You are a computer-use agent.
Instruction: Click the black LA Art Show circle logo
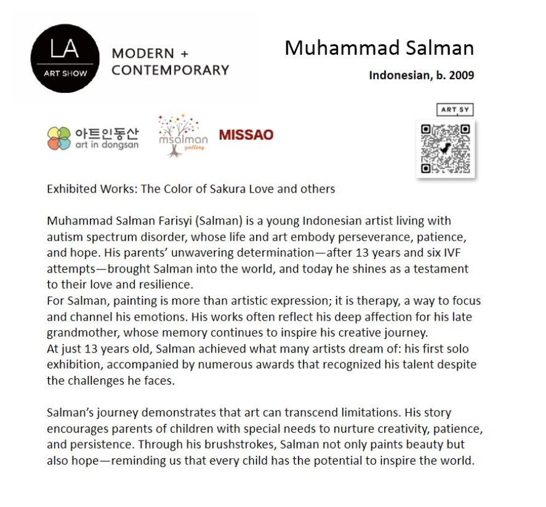coord(65,59)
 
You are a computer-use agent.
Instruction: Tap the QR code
coord(446,148)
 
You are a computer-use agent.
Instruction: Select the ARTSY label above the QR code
coord(456,110)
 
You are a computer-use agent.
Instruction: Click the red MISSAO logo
coord(246,135)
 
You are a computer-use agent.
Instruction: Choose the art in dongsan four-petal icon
coord(59,138)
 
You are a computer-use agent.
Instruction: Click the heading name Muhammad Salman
coord(379,48)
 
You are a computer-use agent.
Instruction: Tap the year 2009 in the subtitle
coord(460,76)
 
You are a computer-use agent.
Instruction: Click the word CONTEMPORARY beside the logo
coord(171,70)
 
